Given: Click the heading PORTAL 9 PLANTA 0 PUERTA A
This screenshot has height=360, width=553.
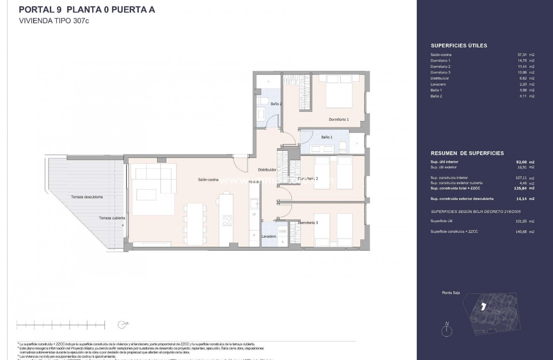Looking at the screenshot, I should (x=87, y=10).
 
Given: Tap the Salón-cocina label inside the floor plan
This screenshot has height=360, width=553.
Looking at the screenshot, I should (x=208, y=180).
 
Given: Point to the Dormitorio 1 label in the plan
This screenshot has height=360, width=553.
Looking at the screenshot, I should (x=339, y=119).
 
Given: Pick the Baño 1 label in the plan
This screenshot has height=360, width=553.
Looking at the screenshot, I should (x=326, y=137).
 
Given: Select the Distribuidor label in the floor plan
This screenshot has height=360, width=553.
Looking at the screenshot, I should (x=267, y=170).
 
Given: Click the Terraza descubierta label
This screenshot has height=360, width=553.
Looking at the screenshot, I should (x=87, y=197).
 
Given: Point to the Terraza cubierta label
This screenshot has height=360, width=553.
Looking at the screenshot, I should (x=112, y=218).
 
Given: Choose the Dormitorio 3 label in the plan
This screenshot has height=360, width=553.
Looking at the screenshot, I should (x=308, y=223).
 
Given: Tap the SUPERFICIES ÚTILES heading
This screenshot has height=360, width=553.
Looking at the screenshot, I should (x=459, y=46).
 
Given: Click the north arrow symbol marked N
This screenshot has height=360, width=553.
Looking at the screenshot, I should (x=447, y=330).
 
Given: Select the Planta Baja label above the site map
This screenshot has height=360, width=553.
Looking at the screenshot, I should (x=451, y=293).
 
